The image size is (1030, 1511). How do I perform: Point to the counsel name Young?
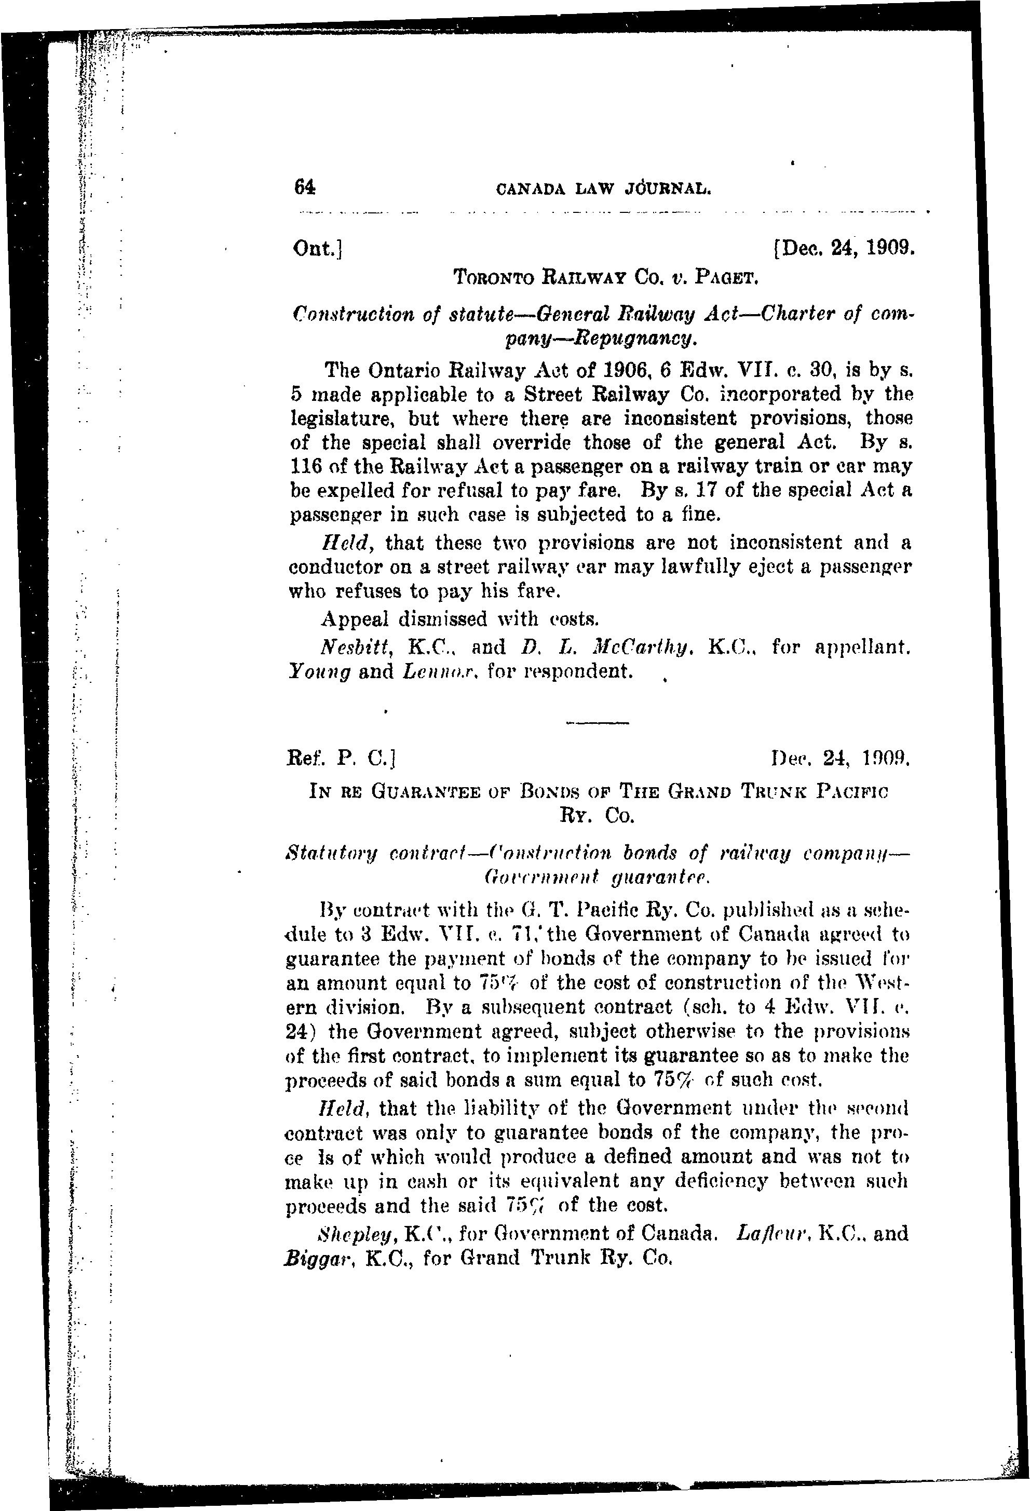click(319, 671)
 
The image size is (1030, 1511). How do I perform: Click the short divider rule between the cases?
click(598, 723)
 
